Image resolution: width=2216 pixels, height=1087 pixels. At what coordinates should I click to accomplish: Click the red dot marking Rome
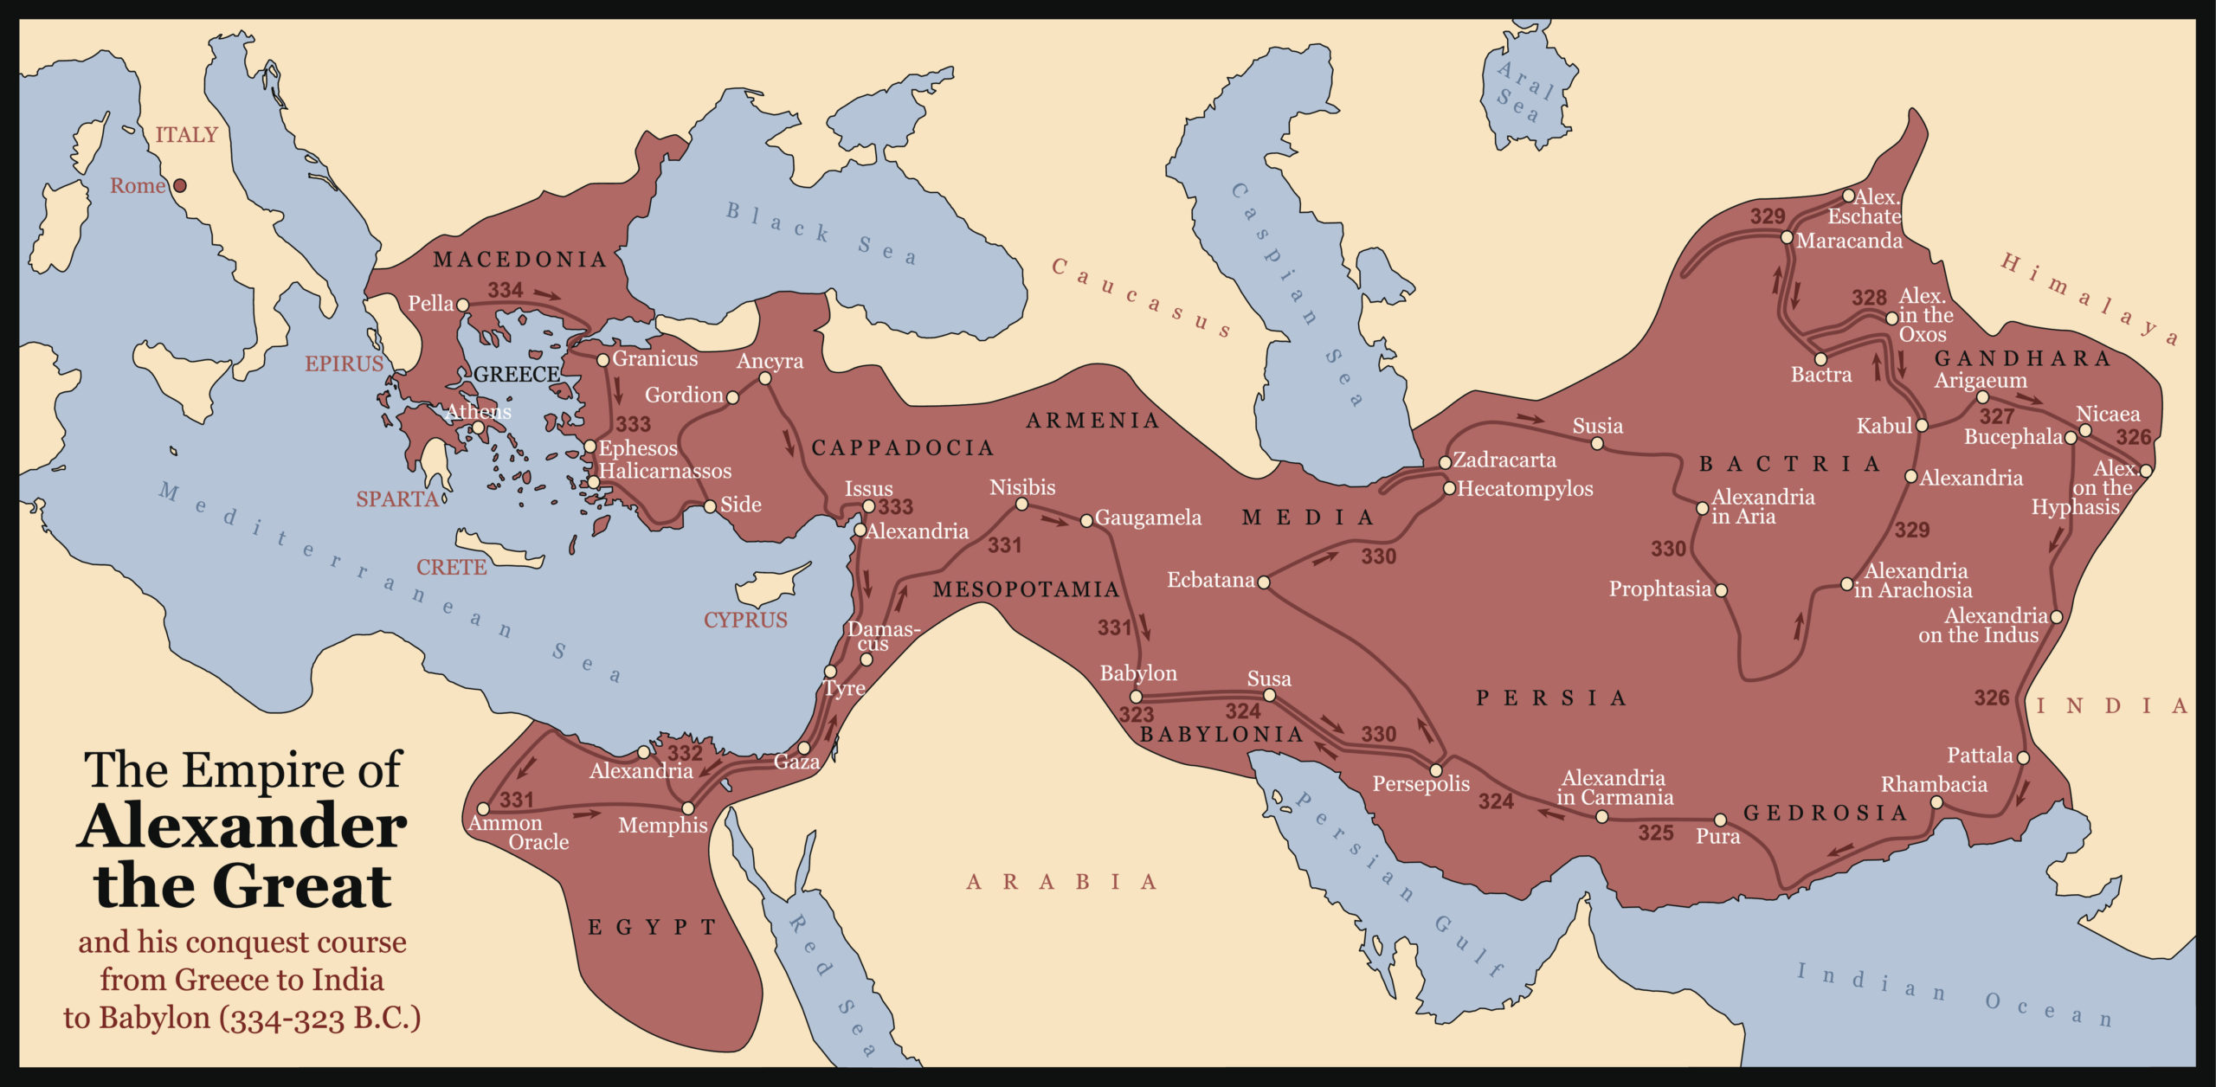(180, 185)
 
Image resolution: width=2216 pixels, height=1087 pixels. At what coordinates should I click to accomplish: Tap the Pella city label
(430, 304)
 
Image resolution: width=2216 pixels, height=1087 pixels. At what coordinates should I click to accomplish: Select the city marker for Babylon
(1137, 697)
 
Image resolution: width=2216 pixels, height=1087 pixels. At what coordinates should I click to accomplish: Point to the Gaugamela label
(1148, 518)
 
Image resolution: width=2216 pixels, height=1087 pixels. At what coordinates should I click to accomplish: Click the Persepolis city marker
(1435, 770)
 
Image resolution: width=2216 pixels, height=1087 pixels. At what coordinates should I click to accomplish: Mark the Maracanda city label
(1849, 241)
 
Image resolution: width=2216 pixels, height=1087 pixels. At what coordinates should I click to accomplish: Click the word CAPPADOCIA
(902, 447)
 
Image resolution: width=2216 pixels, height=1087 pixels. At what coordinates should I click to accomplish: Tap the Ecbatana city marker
(1263, 582)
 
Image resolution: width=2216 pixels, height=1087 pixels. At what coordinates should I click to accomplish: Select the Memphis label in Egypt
(662, 826)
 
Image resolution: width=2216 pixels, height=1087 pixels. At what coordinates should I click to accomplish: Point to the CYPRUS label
(745, 621)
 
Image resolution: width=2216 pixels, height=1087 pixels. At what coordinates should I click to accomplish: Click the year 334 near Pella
(505, 290)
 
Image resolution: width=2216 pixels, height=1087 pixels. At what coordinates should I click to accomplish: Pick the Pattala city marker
(2023, 757)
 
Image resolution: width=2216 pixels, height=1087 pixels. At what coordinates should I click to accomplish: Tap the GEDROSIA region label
(1825, 813)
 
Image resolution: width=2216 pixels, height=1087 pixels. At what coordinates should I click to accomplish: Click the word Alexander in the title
(242, 827)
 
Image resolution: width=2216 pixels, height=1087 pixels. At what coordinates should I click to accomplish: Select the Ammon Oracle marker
(483, 809)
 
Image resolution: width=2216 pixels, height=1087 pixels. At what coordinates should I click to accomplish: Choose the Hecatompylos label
(1524, 489)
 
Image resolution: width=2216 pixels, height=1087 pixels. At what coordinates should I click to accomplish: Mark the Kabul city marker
(1922, 426)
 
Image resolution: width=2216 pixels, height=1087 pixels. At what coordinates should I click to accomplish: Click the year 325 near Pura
(1655, 833)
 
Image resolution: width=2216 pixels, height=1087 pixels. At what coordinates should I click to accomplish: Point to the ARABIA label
(1061, 882)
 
